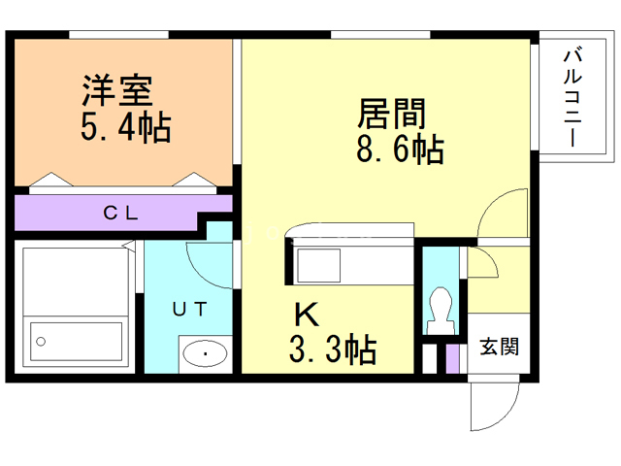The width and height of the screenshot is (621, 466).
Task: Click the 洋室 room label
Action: click(116, 92)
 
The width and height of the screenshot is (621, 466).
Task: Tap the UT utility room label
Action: click(189, 310)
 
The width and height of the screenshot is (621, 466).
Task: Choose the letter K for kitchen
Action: click(306, 315)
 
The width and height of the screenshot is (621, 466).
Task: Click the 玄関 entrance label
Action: click(498, 346)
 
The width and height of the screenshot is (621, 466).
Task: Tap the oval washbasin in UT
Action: click(205, 353)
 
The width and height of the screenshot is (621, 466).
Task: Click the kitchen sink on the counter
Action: click(319, 263)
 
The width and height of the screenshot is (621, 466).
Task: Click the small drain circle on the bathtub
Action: click(41, 342)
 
